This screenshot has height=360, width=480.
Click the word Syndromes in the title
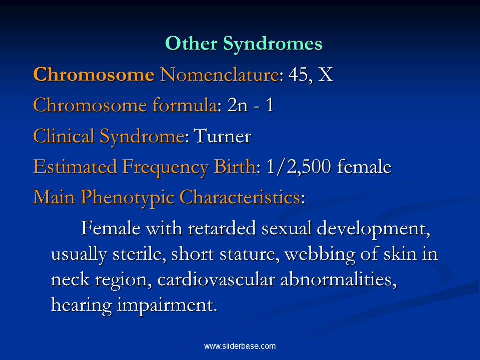click(273, 44)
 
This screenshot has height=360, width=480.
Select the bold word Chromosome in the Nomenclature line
click(94, 74)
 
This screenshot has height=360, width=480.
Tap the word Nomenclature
click(220, 74)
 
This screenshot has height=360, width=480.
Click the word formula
click(186, 105)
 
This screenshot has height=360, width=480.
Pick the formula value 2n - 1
click(250, 105)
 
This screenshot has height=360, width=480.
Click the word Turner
click(223, 136)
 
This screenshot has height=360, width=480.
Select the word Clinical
click(63, 136)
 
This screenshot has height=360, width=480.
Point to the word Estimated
click(75, 167)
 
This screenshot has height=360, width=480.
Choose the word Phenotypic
click(128, 198)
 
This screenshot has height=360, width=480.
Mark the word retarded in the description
click(222, 228)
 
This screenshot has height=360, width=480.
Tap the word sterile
click(139, 254)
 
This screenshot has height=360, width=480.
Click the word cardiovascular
click(216, 280)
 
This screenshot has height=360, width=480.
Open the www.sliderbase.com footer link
click(240, 346)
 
